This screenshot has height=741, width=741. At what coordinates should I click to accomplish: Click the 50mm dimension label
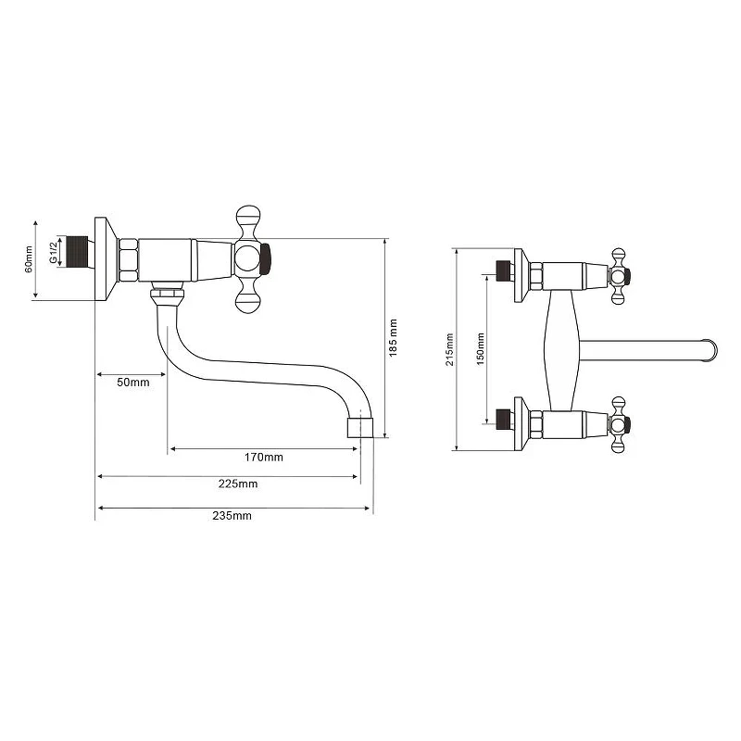[x=133, y=383]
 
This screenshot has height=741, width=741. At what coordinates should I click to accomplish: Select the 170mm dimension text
[x=264, y=457]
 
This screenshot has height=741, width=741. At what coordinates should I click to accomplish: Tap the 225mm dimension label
[x=238, y=484]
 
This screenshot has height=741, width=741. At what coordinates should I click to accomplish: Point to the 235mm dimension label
[x=232, y=516]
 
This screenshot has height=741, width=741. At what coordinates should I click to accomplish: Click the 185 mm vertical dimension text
[x=393, y=338]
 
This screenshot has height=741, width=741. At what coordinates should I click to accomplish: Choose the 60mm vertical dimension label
[x=29, y=259]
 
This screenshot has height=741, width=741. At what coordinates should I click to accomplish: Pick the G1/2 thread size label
[x=53, y=251]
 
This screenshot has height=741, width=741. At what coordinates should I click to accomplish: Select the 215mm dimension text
[x=449, y=349]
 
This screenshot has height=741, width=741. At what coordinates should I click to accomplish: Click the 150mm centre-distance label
[x=480, y=349]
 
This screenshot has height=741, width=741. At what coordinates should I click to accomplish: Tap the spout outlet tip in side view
[x=360, y=427]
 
